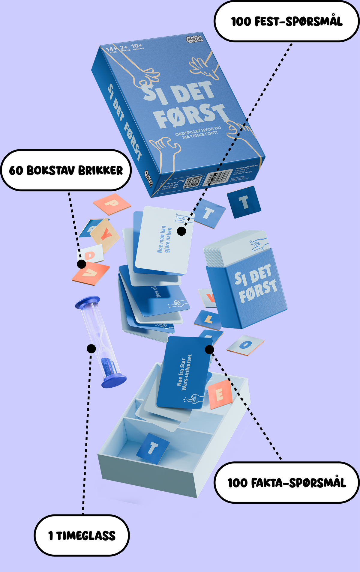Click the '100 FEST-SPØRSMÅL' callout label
tap(287, 22)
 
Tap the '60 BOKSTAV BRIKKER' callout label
tap(66, 170)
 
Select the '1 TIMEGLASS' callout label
tap(82, 535)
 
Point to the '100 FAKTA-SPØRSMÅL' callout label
tap(287, 483)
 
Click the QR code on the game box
tap(192, 182)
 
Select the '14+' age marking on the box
tap(111, 49)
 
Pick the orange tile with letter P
tap(112, 204)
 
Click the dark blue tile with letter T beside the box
tap(244, 202)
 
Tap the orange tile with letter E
tap(220, 394)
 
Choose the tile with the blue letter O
tap(245, 345)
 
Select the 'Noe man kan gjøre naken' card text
tap(164, 239)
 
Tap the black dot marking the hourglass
tap(91, 349)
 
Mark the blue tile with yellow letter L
tap(208, 320)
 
